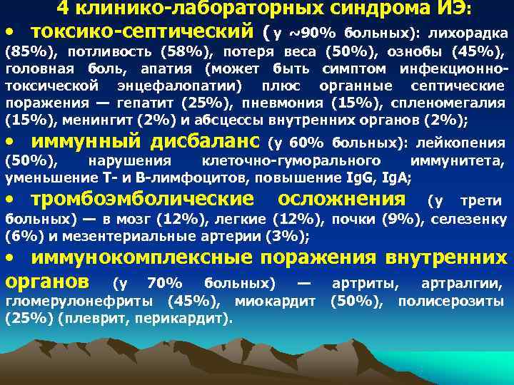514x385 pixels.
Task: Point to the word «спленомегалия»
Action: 456,103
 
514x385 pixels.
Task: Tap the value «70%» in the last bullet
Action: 163,284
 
